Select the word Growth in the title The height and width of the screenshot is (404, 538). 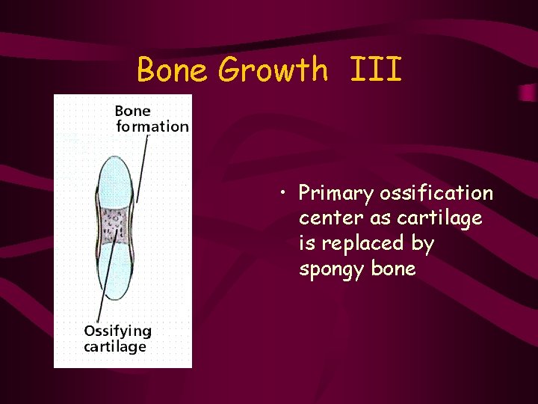(x=273, y=70)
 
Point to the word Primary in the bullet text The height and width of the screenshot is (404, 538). (x=336, y=194)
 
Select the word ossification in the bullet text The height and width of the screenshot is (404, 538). (x=436, y=194)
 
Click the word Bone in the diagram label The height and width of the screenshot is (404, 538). (x=132, y=111)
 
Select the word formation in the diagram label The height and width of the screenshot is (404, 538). (x=152, y=126)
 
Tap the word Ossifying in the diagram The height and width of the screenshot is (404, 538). (x=117, y=331)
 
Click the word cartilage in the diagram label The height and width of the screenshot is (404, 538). (x=115, y=346)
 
